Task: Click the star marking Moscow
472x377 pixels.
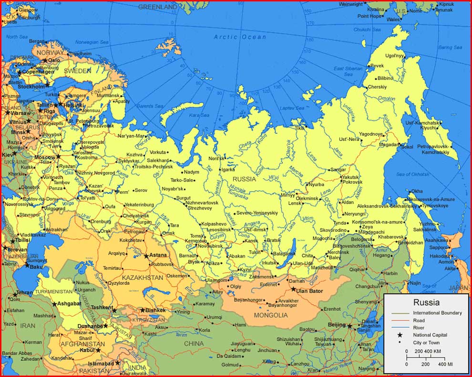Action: coord(59,157)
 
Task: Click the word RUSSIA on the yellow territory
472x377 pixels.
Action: coord(244,179)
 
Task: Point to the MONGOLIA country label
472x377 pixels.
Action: coord(271,315)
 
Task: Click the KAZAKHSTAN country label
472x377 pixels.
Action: coord(143,278)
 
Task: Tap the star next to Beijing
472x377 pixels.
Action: coord(349,326)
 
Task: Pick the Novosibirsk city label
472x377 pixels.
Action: coord(210,246)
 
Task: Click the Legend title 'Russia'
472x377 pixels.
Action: coord(426,302)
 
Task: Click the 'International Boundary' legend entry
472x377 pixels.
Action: coord(437,313)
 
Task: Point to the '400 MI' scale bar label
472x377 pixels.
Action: coord(445,364)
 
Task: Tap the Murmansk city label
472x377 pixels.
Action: coord(108,96)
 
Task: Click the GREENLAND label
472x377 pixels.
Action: coord(157,7)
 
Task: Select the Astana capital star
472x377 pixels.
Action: coord(147,256)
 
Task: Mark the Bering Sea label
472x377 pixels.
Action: coord(450,48)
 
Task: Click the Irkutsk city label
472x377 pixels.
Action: coord(269,262)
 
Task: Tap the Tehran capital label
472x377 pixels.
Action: coord(24,292)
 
